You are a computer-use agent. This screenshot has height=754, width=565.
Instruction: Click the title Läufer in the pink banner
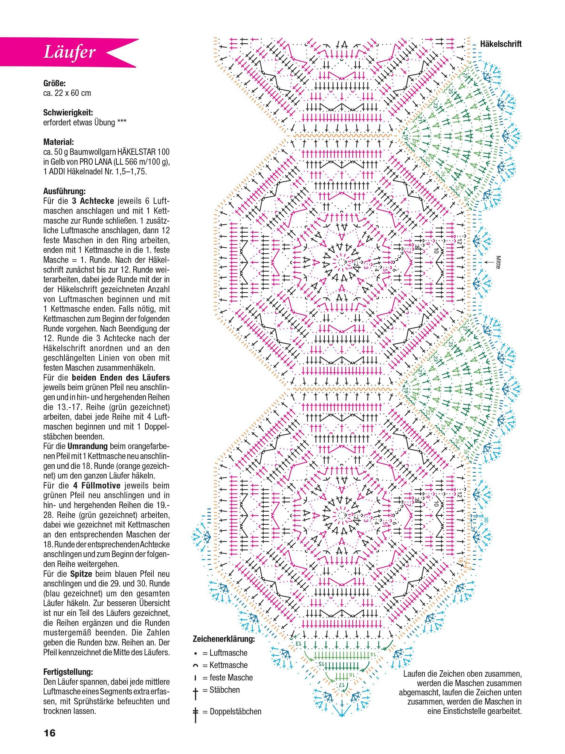pos(70,52)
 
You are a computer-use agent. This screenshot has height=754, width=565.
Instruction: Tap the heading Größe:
pos(54,83)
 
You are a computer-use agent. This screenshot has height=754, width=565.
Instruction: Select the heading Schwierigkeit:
pos(68,112)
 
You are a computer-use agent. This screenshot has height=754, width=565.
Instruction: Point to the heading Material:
pos(58,142)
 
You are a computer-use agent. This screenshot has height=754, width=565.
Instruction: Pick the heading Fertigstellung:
pos(68,672)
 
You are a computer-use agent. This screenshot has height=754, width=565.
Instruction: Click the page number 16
pos(50,733)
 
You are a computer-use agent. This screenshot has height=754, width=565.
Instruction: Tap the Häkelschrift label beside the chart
pos(501,44)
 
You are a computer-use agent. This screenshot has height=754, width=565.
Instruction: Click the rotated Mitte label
pos(498,262)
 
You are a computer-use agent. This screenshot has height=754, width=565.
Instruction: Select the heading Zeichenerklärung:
pos(224,639)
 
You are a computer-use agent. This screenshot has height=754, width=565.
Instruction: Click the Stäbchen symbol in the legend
pos(195,692)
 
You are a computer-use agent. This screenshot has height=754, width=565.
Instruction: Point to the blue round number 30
pos(486,520)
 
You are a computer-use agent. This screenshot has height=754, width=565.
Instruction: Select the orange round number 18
pos(460,561)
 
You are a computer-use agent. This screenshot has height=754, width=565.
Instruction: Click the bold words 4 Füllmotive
pos(97,486)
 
